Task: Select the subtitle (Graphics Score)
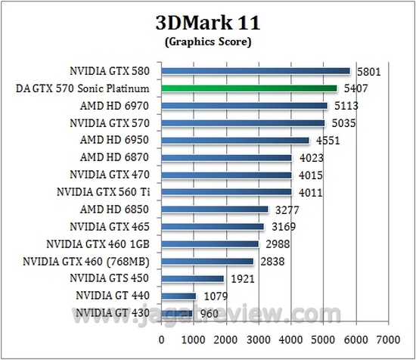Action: tap(207, 42)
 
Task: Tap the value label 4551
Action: tap(326, 141)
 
